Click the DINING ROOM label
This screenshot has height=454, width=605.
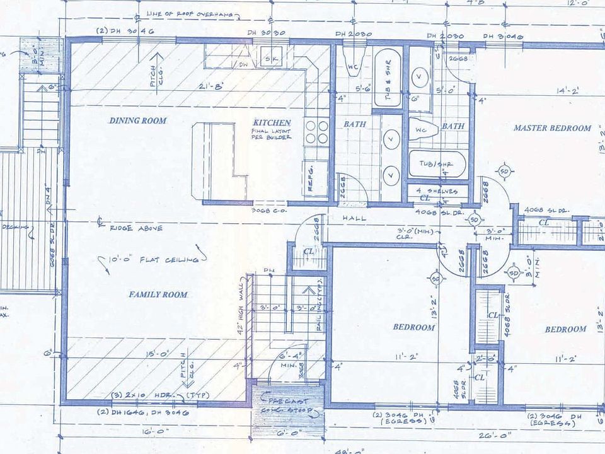click(x=138, y=120)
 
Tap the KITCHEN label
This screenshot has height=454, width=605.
click(x=272, y=122)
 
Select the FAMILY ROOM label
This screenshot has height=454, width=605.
click(x=158, y=294)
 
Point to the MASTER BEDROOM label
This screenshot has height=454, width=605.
click(x=552, y=128)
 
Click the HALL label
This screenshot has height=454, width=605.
click(x=355, y=218)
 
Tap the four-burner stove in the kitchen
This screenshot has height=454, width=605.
click(x=316, y=132)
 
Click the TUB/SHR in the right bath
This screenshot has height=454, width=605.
click(x=437, y=165)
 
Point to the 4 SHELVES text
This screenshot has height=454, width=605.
click(x=437, y=190)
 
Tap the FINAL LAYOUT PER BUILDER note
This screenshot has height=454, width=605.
click(x=271, y=134)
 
